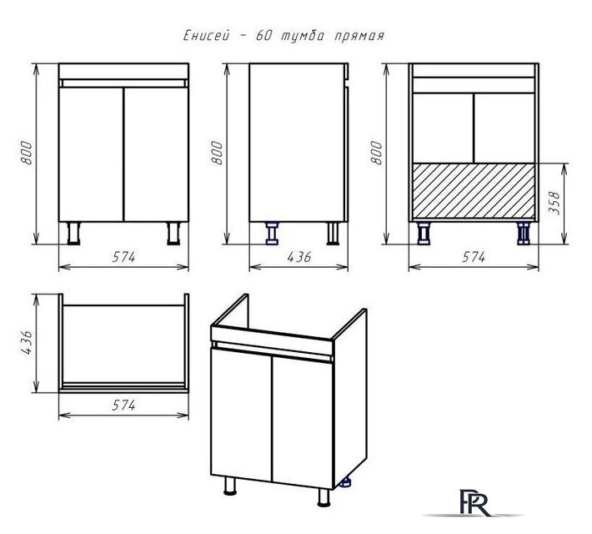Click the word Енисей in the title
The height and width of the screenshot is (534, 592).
click(x=207, y=36)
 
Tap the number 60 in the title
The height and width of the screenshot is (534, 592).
click(x=265, y=36)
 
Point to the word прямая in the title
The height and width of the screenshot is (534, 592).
click(x=359, y=36)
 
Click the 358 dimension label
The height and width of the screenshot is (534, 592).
click(x=554, y=203)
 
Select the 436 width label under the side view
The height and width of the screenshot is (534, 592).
click(x=299, y=257)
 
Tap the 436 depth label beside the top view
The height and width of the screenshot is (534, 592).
click(x=27, y=343)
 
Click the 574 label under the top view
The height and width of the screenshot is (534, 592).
click(x=123, y=406)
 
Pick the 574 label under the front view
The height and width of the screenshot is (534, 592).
click(x=123, y=257)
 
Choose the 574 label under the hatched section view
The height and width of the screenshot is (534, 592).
click(x=474, y=257)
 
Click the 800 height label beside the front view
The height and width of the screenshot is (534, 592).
click(x=27, y=153)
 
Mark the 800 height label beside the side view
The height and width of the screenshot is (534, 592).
click(x=217, y=153)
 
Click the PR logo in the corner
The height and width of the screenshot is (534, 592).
click(x=474, y=502)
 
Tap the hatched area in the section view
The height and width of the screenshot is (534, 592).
click(x=474, y=191)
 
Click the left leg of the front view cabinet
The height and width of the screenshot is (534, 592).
click(x=73, y=233)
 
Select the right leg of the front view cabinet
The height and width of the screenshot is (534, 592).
click(x=173, y=233)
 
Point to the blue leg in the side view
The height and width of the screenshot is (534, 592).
click(x=272, y=233)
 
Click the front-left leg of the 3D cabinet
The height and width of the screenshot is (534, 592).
click(x=230, y=486)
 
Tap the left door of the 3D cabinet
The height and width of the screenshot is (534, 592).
click(x=241, y=415)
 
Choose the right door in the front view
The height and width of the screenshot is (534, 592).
click(x=156, y=154)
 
